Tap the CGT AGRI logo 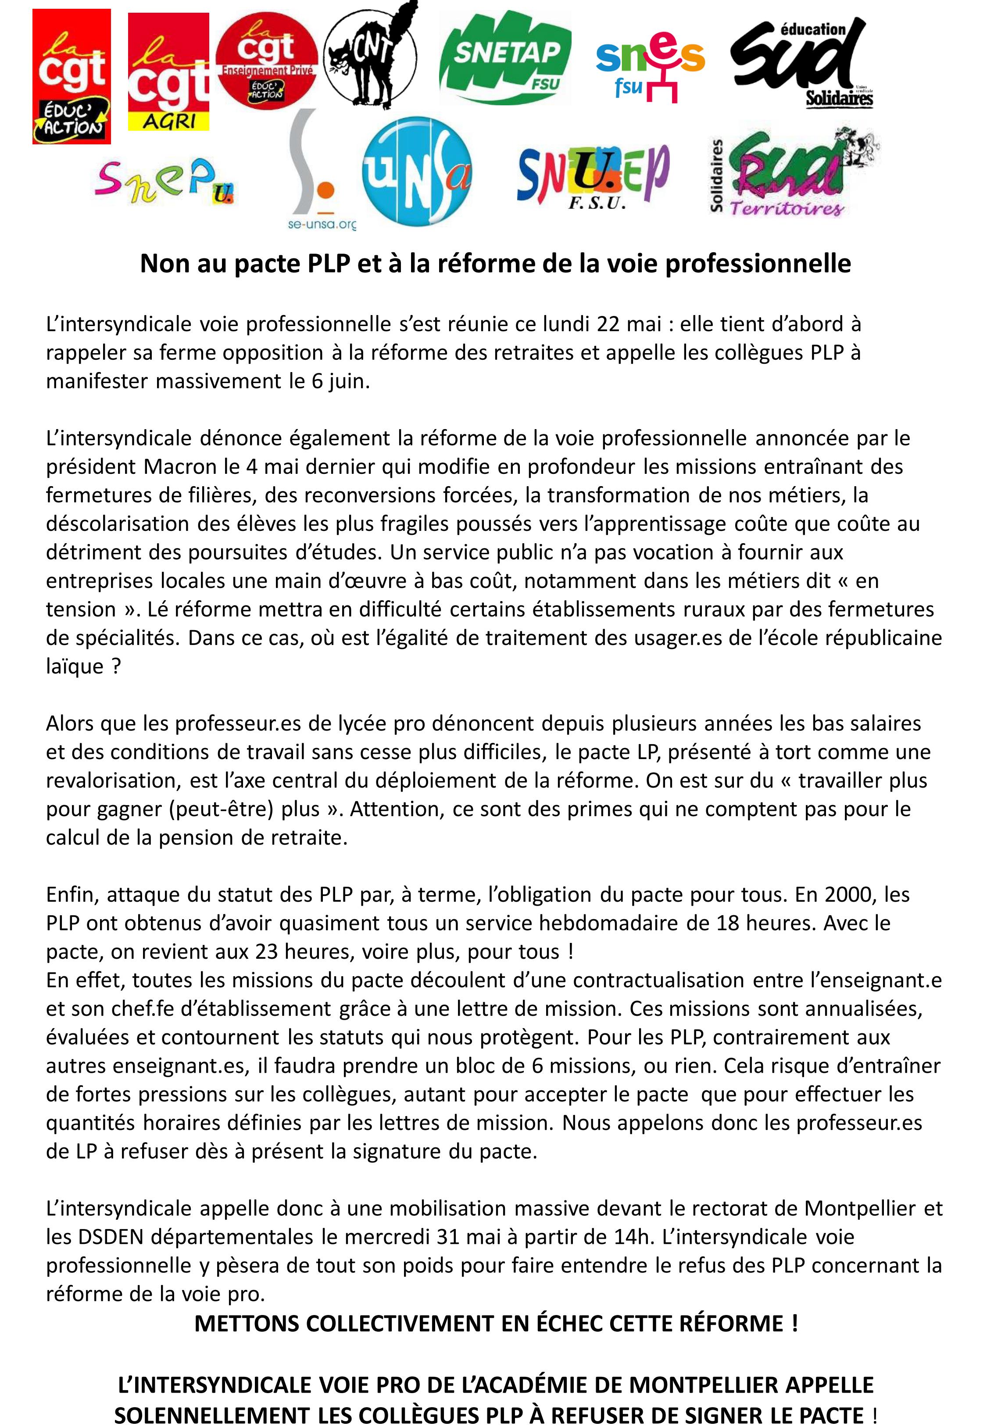tap(168, 72)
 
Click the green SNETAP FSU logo tap(504, 57)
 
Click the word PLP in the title tap(329, 264)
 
